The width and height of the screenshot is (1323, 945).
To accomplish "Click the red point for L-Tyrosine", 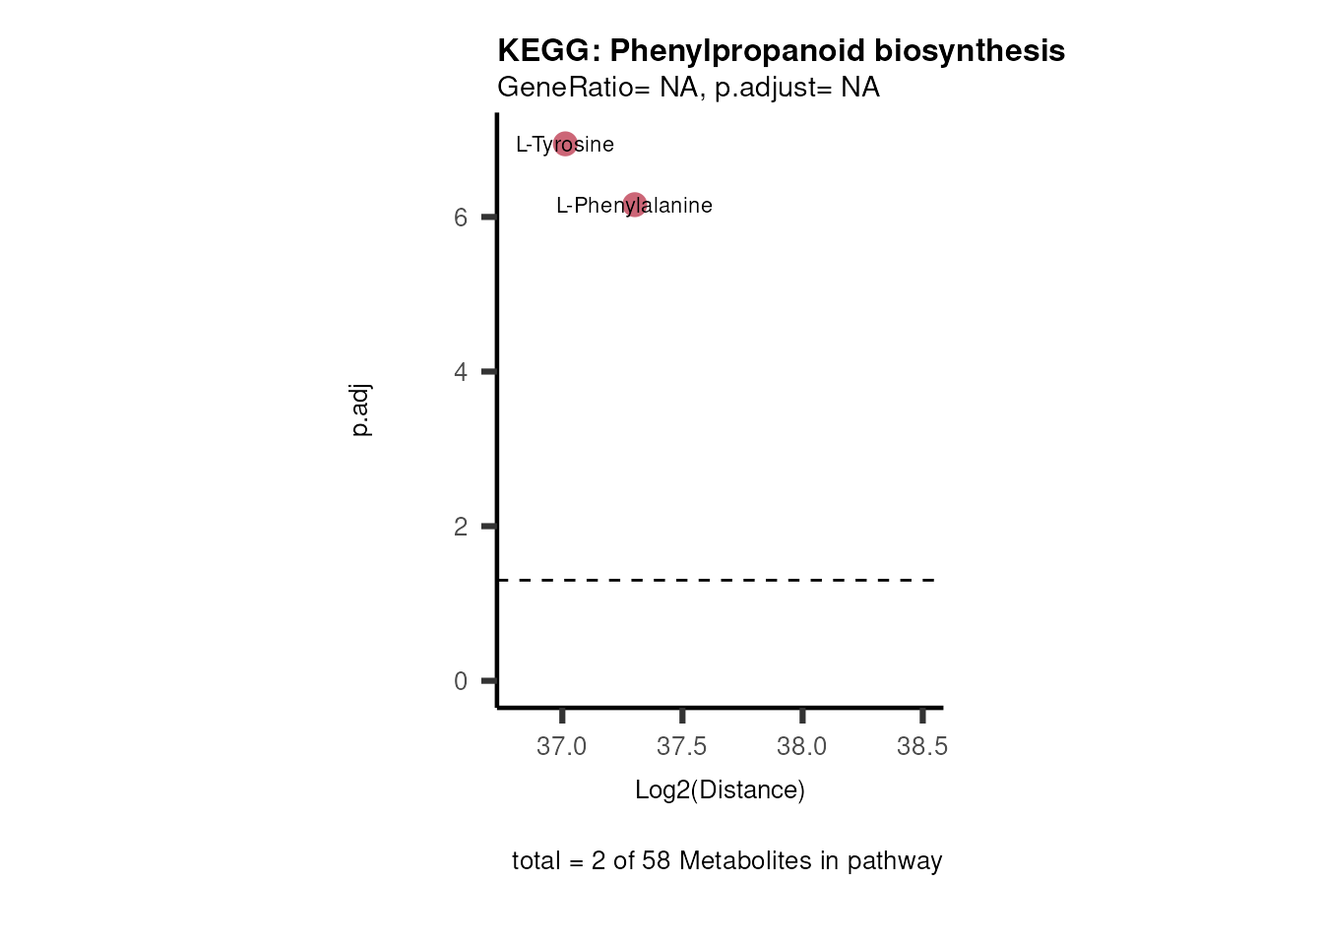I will (x=565, y=145).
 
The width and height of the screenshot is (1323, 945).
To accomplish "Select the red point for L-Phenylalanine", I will (x=635, y=205).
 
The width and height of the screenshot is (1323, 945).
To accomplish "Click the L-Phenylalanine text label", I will (x=634, y=206).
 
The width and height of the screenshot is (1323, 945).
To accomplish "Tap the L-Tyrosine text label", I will (x=565, y=145).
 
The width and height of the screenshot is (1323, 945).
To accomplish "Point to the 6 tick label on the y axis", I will (x=461, y=218).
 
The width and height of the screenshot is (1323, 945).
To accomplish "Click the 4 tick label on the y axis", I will (x=461, y=372).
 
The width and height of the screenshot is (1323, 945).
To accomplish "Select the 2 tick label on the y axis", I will (x=461, y=527).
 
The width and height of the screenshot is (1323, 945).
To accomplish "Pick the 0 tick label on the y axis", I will (x=461, y=681).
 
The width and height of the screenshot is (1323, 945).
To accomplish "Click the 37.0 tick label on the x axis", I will (x=561, y=747).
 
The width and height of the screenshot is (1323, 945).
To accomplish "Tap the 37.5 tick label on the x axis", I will (x=681, y=747).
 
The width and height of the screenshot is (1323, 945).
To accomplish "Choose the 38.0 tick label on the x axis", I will (x=801, y=747).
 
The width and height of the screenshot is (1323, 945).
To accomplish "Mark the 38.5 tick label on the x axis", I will (x=922, y=747).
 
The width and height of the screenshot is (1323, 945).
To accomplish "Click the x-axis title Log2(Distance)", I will (x=720, y=790).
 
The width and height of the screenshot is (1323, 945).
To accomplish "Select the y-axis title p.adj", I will (x=360, y=410).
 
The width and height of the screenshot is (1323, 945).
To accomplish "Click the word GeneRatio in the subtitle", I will (x=565, y=88).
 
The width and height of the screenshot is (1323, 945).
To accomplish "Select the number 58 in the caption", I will (x=656, y=861).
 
